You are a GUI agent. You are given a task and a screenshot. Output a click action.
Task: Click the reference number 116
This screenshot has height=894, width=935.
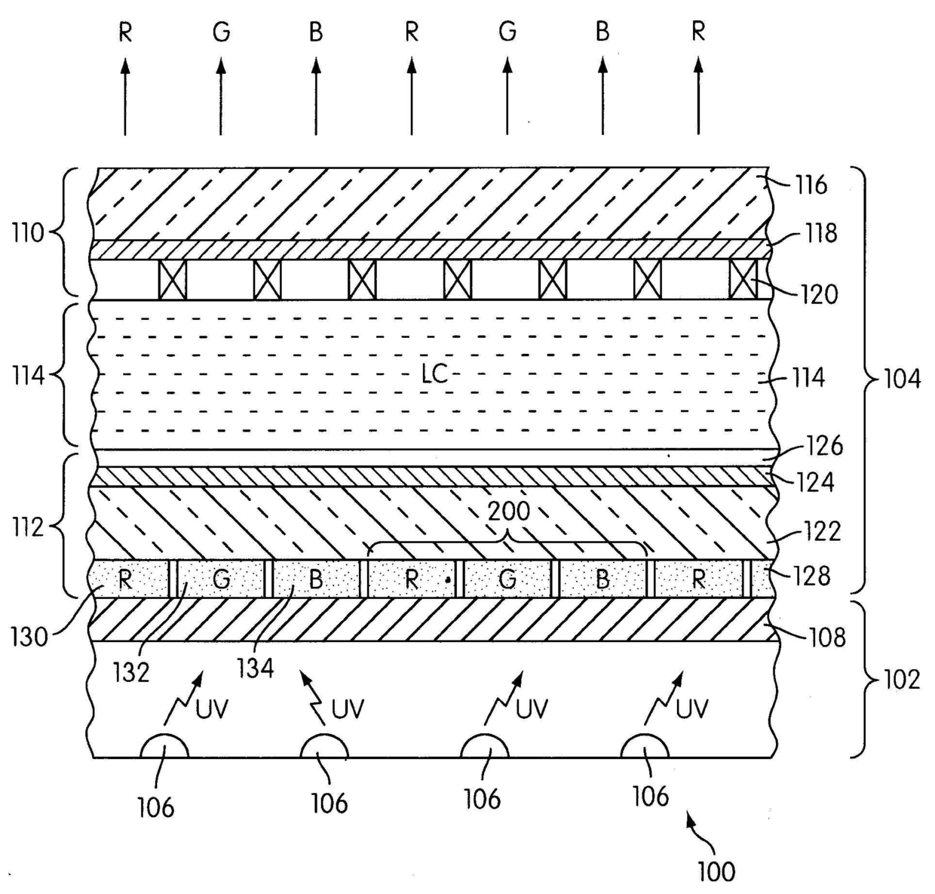click(x=811, y=185)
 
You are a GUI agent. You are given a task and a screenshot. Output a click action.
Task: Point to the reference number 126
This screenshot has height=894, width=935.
click(x=825, y=446)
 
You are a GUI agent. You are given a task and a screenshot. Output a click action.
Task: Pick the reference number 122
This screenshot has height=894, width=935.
click(x=823, y=531)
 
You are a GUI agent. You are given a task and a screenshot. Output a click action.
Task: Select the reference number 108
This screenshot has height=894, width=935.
click(x=828, y=638)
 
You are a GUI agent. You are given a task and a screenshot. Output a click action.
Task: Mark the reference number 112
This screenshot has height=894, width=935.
click(x=28, y=526)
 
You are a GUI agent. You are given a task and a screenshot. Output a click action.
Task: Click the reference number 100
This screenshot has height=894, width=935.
click(x=716, y=871)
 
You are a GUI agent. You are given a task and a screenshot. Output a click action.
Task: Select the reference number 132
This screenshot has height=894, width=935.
click(x=131, y=671)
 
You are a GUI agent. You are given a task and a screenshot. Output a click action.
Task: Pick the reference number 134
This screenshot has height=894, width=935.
click(x=255, y=667)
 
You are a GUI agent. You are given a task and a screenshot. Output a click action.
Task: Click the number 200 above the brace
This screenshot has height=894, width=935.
click(x=509, y=512)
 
